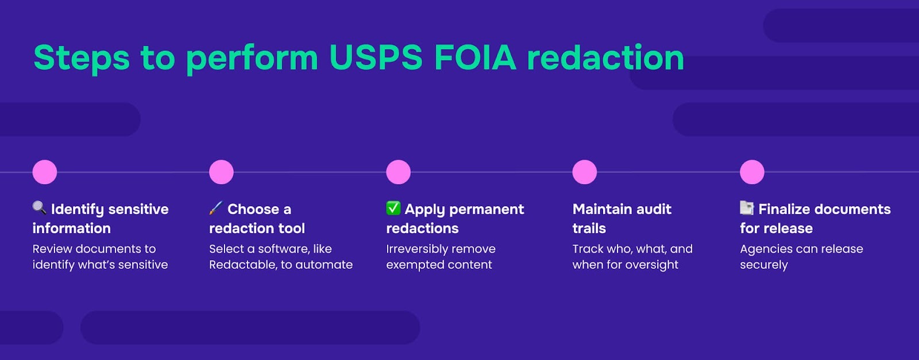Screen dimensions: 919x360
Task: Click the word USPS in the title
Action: (x=376, y=57)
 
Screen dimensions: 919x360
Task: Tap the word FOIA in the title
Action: (x=475, y=57)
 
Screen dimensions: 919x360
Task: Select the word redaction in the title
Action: (x=605, y=57)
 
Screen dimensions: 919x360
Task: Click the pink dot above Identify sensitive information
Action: (x=45, y=172)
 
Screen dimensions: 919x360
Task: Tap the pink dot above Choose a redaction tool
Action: (x=221, y=172)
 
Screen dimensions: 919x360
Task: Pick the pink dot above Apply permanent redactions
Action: (x=398, y=172)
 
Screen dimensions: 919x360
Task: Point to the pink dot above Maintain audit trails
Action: (x=585, y=172)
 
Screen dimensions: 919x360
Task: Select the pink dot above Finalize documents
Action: (x=752, y=172)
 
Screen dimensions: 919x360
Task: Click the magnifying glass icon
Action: (x=39, y=207)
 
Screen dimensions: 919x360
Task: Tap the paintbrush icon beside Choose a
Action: (x=216, y=207)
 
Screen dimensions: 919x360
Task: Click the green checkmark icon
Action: (x=393, y=207)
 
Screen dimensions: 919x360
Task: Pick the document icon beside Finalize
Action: (x=747, y=207)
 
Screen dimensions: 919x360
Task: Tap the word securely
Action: (x=764, y=265)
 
